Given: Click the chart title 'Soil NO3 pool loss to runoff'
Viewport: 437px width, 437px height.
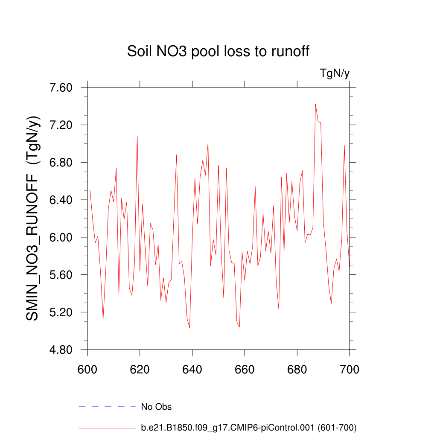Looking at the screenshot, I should click(x=218, y=52).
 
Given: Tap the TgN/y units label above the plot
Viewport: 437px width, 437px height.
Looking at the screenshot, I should click(x=335, y=73).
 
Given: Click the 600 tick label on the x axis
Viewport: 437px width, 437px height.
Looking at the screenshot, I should click(x=87, y=369).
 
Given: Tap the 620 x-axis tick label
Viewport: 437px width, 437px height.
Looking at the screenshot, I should click(x=140, y=369).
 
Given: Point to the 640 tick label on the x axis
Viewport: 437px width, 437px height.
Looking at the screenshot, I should click(x=192, y=369).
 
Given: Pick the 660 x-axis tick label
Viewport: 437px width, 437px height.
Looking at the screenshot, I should click(x=245, y=369).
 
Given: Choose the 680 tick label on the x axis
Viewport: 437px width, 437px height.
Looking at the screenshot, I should click(x=297, y=369).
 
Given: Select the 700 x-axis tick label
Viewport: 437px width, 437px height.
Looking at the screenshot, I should click(x=350, y=369).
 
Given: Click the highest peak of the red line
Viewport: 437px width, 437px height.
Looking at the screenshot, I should click(x=315, y=104).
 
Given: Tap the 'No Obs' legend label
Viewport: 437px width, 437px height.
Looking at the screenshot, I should click(x=156, y=407).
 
